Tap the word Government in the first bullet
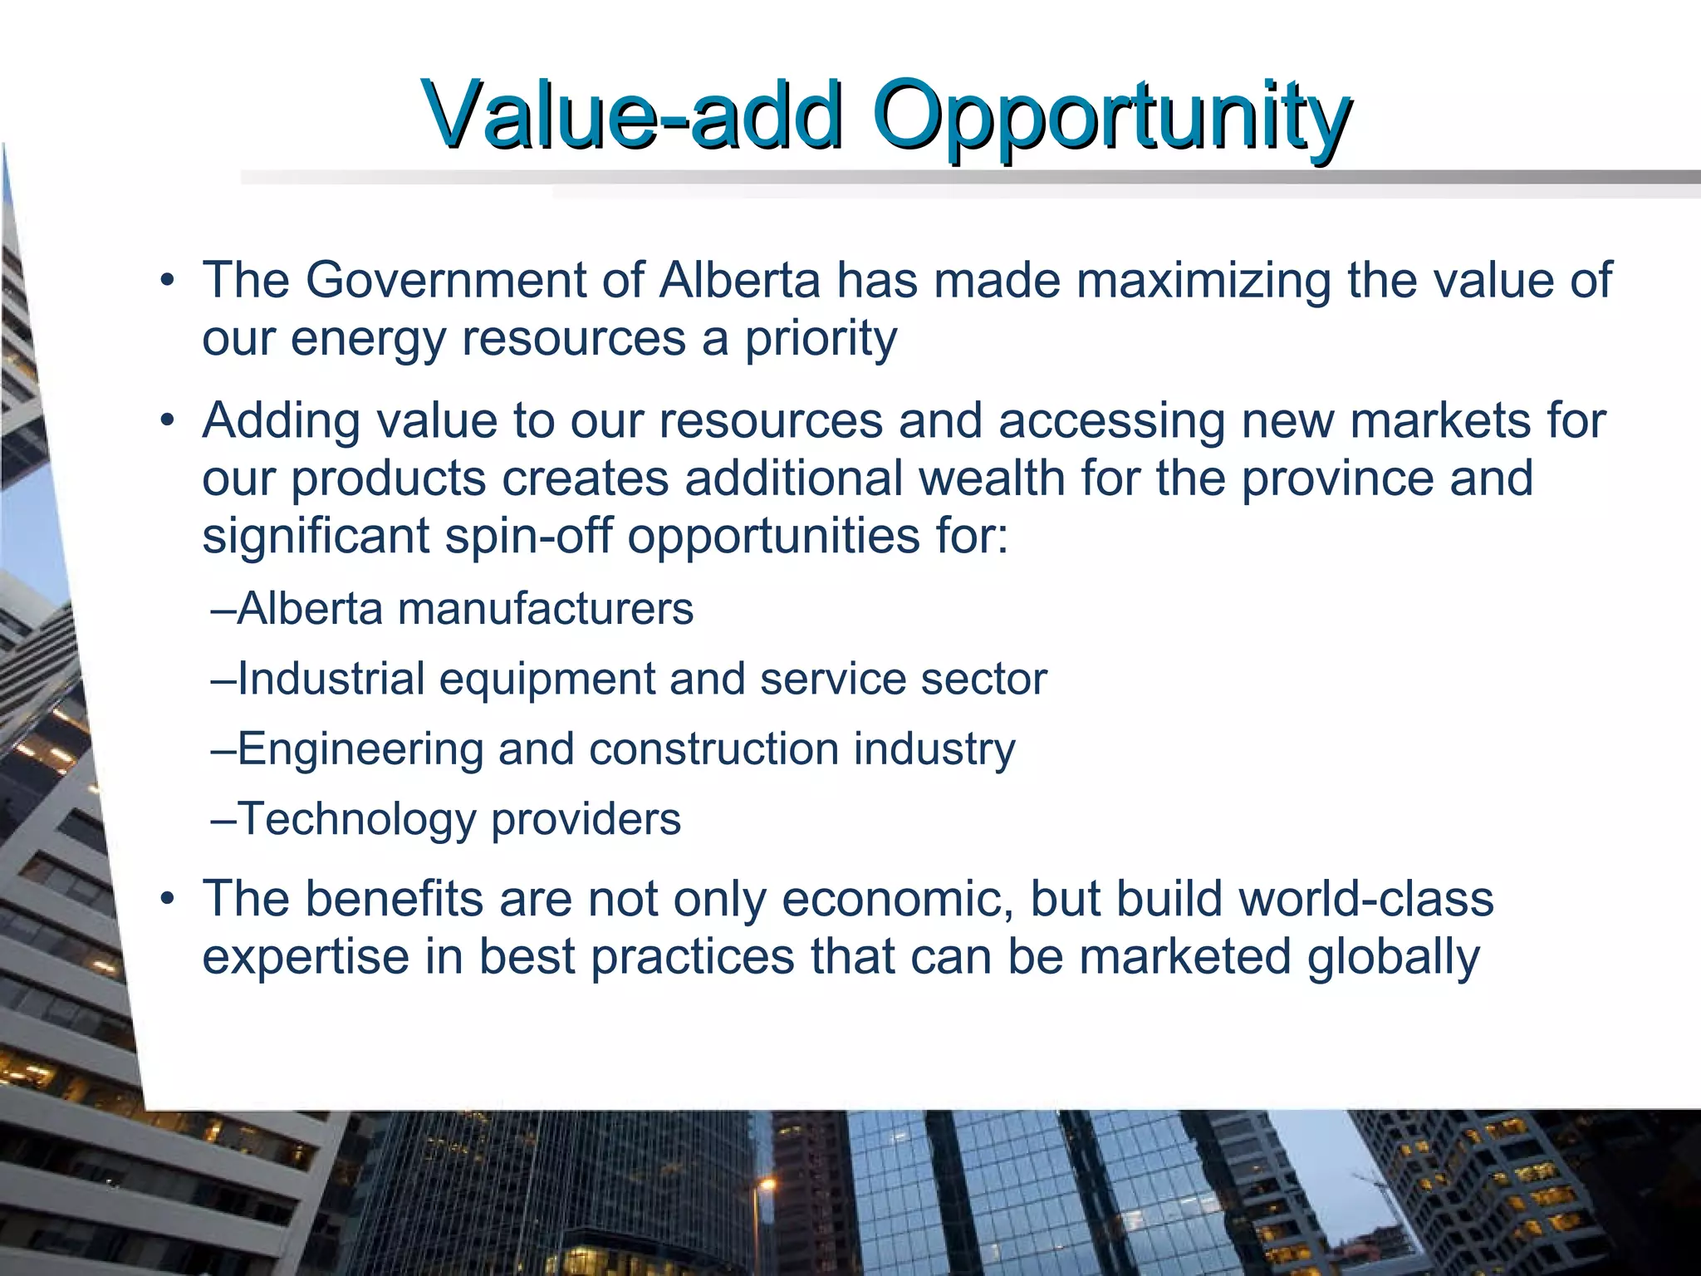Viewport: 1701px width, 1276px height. [446, 280]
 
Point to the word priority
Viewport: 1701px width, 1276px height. [820, 339]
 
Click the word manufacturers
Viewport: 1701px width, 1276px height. [545, 609]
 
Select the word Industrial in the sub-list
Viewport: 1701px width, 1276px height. [331, 679]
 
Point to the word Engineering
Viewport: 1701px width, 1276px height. [360, 749]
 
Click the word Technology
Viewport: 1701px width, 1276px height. [356, 819]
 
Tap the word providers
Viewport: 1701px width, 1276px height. [586, 819]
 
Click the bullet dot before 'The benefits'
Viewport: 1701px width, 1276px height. [169, 900]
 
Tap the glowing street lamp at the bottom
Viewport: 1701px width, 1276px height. [767, 1184]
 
